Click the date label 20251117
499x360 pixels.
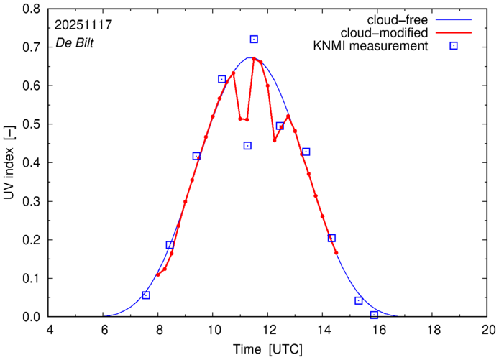tap(83, 24)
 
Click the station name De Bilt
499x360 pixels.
tap(74, 43)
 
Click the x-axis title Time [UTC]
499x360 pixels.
tap(268, 349)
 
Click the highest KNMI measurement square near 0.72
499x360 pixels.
tap(254, 40)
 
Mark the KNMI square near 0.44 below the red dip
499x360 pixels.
tap(247, 146)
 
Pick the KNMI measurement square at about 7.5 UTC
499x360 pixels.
tap(146, 295)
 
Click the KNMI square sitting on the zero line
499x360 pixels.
tap(374, 315)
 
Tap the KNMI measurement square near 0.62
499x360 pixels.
tap(221, 79)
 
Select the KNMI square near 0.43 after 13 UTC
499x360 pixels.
tap(306, 152)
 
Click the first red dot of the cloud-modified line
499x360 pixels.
tap(158, 274)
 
